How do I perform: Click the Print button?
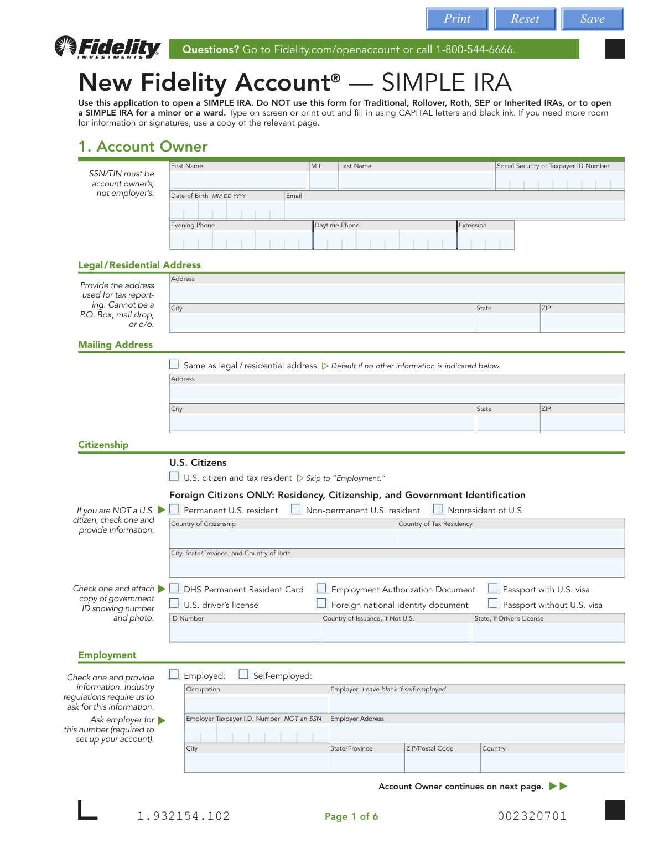[457, 19]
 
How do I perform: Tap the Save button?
[592, 19]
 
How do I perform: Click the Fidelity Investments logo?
[108, 48]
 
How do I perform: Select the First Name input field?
[238, 181]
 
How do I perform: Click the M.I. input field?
[324, 181]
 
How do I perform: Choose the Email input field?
[454, 210]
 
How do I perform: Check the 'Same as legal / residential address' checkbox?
[174, 365]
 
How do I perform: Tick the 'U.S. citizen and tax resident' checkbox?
[174, 477]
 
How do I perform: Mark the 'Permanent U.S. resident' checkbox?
[174, 509]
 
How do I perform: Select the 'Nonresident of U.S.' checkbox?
[438, 509]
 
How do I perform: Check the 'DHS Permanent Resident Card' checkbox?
[174, 589]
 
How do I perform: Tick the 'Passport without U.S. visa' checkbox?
[493, 604]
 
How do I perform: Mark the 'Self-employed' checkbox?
[243, 675]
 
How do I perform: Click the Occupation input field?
[257, 704]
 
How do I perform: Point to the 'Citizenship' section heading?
[103, 445]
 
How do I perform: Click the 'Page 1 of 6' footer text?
[351, 816]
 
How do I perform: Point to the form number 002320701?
[532, 816]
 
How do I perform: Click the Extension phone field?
[486, 240]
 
